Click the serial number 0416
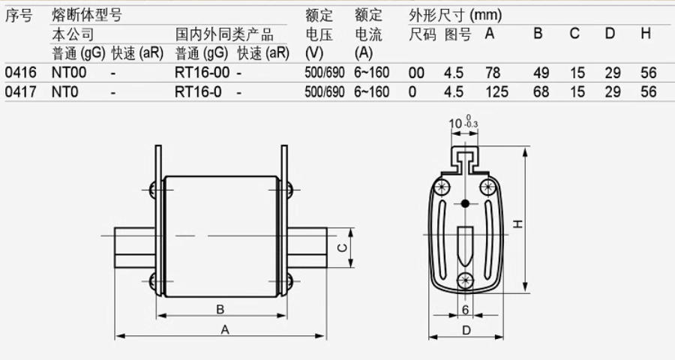(x=19, y=73)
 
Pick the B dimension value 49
(x=541, y=73)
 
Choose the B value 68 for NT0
(x=541, y=92)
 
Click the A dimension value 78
(x=493, y=73)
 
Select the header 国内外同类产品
(x=224, y=34)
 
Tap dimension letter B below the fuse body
(x=220, y=309)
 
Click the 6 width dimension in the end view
(x=465, y=309)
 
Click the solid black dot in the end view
(x=466, y=204)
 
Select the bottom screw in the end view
(x=465, y=280)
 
